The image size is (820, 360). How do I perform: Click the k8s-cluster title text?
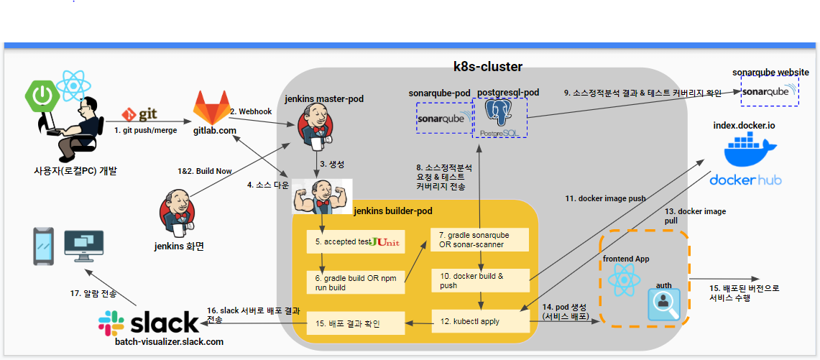[487, 67]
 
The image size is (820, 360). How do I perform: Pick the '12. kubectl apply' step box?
[480, 320]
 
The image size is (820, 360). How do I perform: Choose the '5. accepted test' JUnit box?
[356, 242]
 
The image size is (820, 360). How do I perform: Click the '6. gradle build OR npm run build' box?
[356, 282]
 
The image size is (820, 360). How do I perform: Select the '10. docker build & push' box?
[480, 280]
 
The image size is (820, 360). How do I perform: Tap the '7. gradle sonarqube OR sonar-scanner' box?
[480, 239]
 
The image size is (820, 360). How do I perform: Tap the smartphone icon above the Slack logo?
[44, 246]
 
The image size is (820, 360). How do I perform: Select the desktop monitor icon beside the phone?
[83, 246]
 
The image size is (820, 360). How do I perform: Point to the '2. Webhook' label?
[252, 111]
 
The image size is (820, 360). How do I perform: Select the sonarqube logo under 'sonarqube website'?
[770, 91]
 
